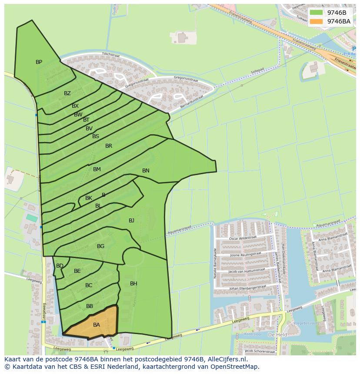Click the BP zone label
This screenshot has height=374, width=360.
click(39, 62)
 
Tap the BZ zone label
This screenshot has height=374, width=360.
click(67, 93)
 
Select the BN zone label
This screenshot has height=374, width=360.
click(146, 171)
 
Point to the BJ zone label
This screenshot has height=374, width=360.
click(131, 221)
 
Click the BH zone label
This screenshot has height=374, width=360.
click(133, 284)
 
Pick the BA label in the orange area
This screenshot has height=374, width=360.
click(97, 324)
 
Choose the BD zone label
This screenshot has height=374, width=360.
click(60, 266)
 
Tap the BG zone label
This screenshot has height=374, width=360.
click(100, 246)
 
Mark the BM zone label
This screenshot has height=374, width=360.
click(97, 169)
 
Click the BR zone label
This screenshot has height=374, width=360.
click(109, 146)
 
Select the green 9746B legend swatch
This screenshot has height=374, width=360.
click(317, 13)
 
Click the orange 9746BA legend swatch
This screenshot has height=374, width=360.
click(317, 21)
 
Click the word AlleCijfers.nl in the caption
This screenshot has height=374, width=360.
click(226, 359)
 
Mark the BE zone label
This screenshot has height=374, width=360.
click(77, 271)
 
